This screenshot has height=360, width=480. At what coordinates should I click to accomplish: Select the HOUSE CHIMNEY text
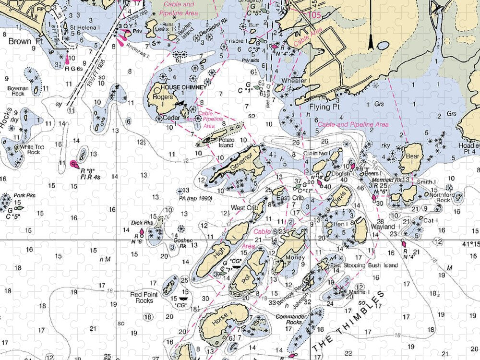[183, 87]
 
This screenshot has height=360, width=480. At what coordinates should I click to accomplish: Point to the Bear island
[409, 158]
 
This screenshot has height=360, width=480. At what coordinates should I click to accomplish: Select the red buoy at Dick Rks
[142, 231]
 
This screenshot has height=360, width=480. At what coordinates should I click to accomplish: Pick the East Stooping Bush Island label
[364, 265]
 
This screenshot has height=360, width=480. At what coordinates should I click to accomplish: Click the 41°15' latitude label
[470, 244]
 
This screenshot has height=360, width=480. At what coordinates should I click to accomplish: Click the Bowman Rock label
[16, 91]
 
